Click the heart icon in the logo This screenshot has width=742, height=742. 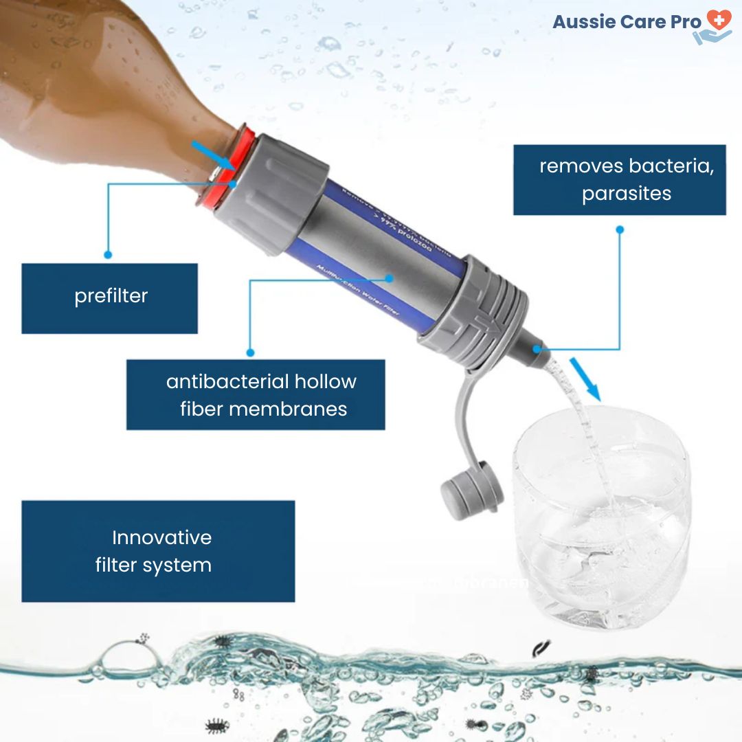point(719,19)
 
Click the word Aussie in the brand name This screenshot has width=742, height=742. point(584,22)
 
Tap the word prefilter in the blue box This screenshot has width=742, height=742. point(111,296)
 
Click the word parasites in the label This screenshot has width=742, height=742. point(626,194)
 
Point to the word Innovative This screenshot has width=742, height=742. point(161,537)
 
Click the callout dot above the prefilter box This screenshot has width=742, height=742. point(108,254)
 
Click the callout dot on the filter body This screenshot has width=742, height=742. point(390,279)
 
